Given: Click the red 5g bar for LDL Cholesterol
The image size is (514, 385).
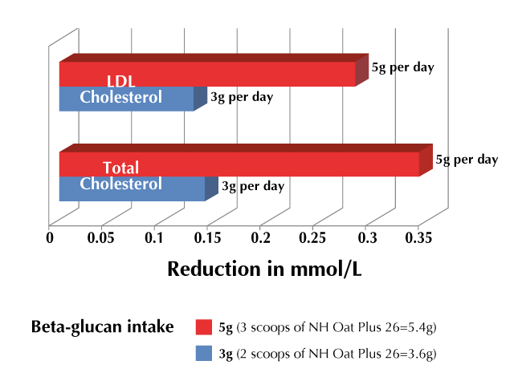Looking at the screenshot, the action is (214, 70).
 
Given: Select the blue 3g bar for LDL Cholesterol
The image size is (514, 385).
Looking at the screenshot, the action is (133, 99).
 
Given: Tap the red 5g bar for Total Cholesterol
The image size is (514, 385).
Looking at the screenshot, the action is (246, 160).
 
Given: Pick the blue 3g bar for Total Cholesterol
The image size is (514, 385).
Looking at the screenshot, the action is (139, 189).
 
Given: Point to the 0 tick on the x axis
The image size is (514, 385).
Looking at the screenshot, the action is (50, 238).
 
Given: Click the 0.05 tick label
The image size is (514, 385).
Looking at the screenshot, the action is (100, 238).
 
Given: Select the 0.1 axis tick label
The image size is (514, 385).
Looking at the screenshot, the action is (153, 238).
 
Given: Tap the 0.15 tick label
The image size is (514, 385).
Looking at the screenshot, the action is (207, 238).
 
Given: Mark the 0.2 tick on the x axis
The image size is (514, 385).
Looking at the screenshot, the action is (260, 238).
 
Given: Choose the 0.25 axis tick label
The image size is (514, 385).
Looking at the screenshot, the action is (312, 238).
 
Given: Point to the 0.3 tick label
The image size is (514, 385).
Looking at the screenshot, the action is (368, 238).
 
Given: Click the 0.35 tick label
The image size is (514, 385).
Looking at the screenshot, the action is (418, 238).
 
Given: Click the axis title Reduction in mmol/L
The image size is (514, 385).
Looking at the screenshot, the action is (264, 269).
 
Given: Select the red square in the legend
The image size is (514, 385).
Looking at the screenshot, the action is (204, 327).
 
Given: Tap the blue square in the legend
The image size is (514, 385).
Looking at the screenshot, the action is (204, 353).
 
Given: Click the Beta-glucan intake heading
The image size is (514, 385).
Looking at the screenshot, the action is (103, 327).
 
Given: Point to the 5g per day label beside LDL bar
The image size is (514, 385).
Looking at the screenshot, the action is (403, 67).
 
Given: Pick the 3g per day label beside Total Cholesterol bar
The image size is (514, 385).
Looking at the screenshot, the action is (253, 186).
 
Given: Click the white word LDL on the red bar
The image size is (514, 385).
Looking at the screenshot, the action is (121, 81).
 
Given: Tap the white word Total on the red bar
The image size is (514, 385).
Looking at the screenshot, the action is (121, 168).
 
